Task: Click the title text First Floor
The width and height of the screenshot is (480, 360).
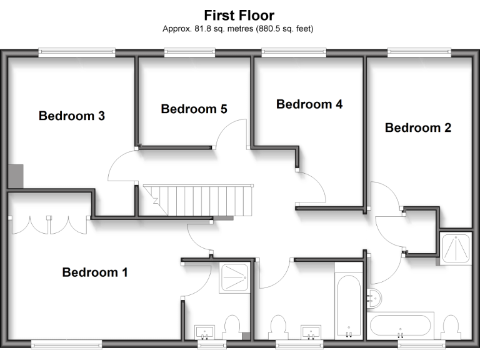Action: coord(239,15)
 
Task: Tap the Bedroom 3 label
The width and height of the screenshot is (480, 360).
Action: coord(71,116)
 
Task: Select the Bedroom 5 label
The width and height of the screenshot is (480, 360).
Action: coord(194,109)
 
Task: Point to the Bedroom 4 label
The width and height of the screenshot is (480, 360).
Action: coord(309,104)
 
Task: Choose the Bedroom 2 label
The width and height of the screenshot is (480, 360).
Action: coord(417,127)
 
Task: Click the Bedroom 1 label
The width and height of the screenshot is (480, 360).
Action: coord(95,272)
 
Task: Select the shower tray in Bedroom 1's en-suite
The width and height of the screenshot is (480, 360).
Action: coord(236,277)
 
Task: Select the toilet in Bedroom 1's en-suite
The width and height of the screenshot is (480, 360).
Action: coord(232,327)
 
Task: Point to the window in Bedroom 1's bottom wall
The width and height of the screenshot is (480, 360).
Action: coord(66,342)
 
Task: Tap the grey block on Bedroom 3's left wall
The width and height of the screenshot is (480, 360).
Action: coord(16,176)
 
